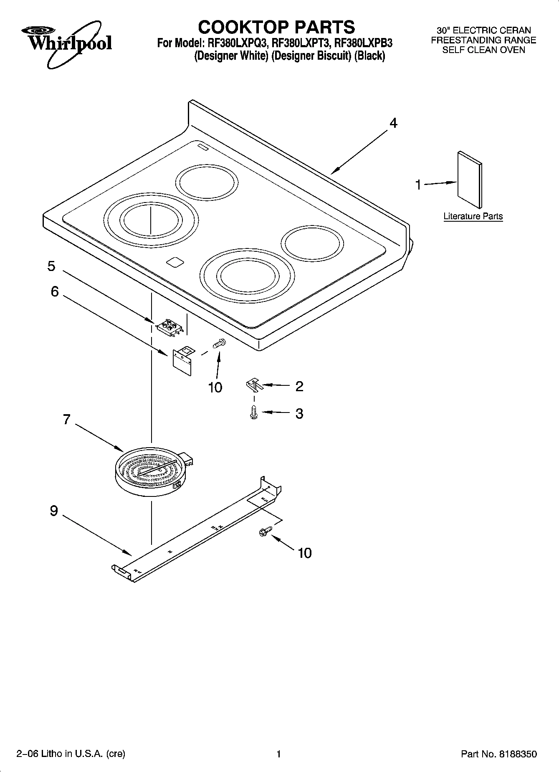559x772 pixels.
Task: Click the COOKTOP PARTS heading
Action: pyautogui.click(x=276, y=27)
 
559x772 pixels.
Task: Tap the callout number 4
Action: pyautogui.click(x=393, y=123)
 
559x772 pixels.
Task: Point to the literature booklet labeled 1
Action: pyautogui.click(x=470, y=180)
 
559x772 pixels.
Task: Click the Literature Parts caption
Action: pyautogui.click(x=473, y=216)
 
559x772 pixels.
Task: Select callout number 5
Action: pyautogui.click(x=51, y=266)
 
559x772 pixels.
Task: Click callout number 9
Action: pyautogui.click(x=54, y=511)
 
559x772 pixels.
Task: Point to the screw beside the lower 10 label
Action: pyautogui.click(x=264, y=531)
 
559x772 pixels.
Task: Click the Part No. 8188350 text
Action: pyautogui.click(x=498, y=754)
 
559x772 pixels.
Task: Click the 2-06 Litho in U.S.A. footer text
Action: pyautogui.click(x=71, y=754)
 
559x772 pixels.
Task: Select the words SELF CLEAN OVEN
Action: pyautogui.click(x=483, y=50)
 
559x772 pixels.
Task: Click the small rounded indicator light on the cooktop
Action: pyautogui.click(x=175, y=262)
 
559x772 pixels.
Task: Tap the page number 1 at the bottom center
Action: pyautogui.click(x=278, y=754)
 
